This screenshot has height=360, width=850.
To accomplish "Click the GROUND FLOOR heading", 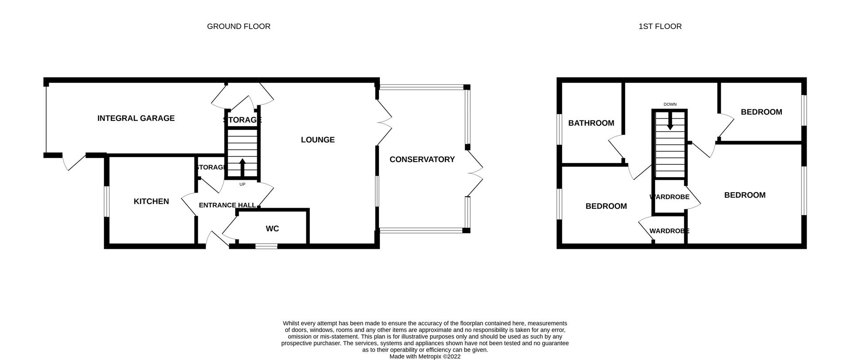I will [x=239, y=27].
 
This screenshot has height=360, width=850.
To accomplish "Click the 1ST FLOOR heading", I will [x=660, y=27].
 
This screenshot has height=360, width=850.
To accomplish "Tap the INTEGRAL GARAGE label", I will [x=136, y=118].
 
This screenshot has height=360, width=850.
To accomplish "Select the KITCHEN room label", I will [x=151, y=201].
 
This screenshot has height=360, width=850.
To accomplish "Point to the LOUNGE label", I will [x=317, y=140].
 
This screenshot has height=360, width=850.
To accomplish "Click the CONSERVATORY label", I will [x=422, y=159].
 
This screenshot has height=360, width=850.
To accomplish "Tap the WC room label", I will [x=272, y=229].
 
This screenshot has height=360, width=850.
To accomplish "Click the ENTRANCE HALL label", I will [x=227, y=205].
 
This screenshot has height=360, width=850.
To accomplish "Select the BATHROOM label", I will [x=591, y=123].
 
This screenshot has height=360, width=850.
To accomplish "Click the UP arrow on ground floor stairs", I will [x=242, y=167].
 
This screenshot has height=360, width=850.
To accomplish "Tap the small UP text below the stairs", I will [x=242, y=184].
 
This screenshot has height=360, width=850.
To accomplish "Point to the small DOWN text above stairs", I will [x=670, y=105].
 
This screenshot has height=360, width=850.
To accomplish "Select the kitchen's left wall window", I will [x=107, y=201].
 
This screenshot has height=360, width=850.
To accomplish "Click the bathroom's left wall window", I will [x=560, y=129].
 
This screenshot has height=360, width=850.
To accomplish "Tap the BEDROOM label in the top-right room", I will [x=761, y=112].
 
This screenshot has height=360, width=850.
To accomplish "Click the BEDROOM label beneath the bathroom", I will [x=606, y=206].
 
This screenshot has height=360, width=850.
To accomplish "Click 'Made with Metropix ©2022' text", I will [x=425, y=356].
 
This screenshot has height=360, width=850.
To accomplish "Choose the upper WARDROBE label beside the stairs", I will [x=669, y=197].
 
